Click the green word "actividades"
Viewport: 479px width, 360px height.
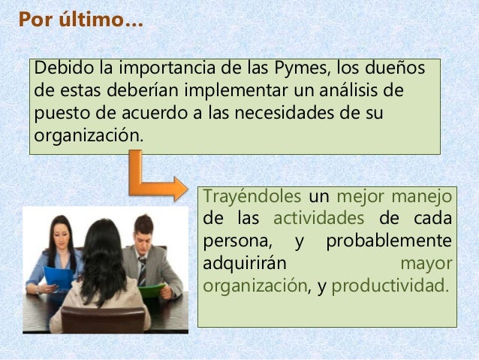(x=318, y=219)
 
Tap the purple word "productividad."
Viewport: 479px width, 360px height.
(x=389, y=286)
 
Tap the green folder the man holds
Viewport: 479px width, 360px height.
(x=153, y=290)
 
